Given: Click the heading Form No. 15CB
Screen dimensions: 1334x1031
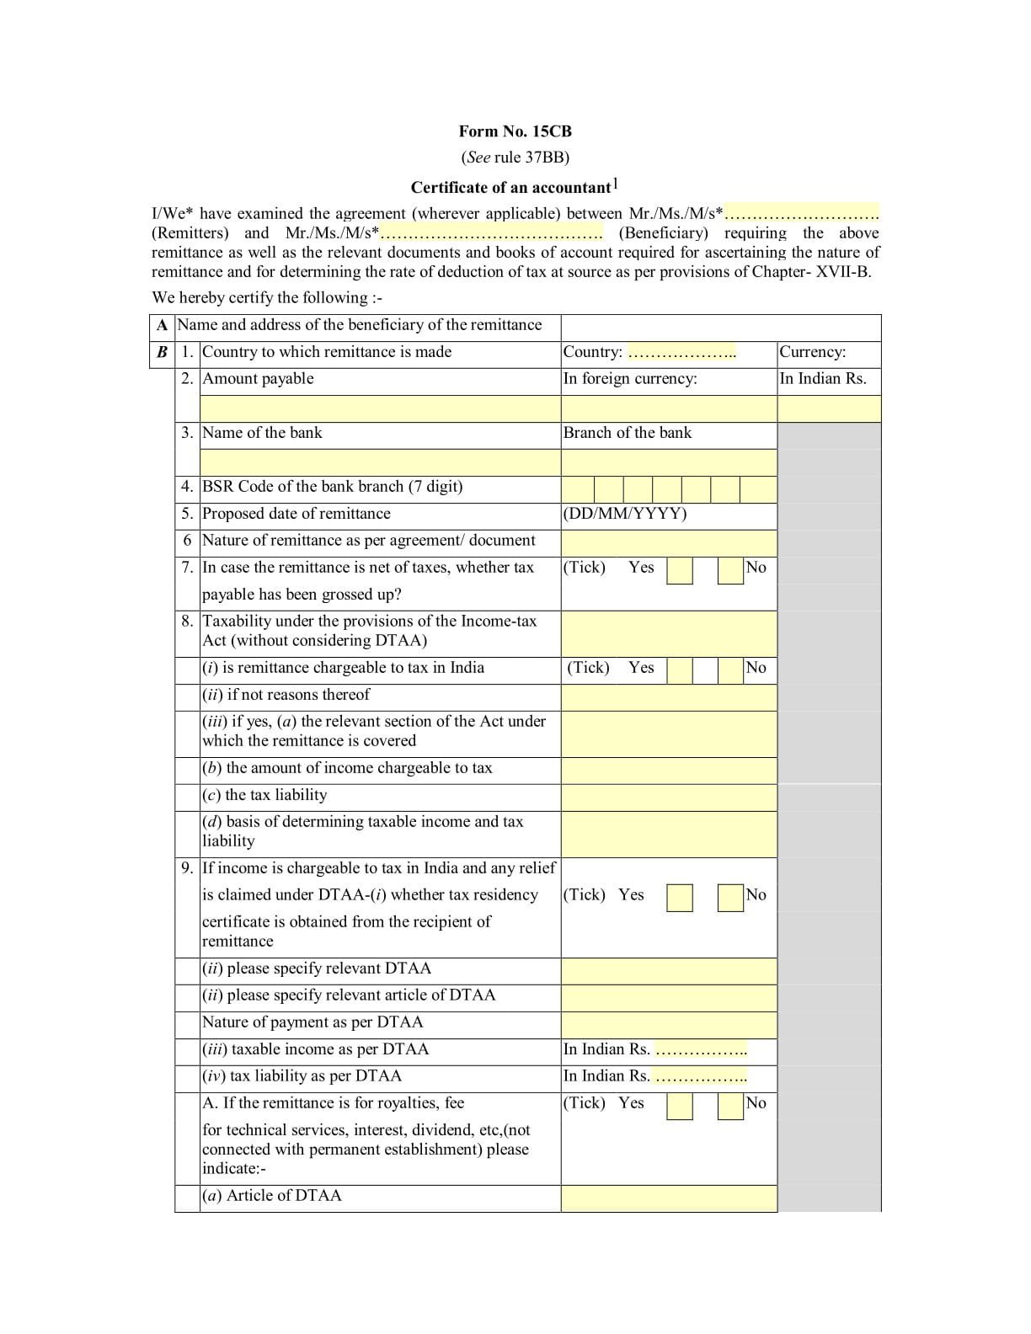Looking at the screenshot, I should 515,131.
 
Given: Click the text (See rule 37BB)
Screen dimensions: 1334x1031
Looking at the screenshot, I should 515,157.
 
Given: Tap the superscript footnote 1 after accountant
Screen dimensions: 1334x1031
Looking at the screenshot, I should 615,184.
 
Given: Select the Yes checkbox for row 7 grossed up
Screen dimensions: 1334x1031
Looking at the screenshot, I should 679,571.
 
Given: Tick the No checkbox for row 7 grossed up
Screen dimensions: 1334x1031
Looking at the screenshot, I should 729,571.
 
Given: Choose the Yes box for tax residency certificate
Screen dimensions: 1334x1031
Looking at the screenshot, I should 679,898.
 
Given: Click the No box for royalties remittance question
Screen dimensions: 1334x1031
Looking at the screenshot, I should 729,1106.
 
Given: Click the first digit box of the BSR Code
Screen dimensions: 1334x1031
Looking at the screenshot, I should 578,489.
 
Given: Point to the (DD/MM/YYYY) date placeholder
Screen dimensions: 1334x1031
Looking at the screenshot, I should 624,514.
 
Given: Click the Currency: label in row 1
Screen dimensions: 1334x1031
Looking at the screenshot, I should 812,352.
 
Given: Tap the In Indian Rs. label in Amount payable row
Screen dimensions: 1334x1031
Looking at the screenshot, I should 822,379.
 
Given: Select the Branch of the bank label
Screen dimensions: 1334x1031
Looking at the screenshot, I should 627,433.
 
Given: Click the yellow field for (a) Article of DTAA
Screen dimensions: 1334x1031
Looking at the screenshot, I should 669,1198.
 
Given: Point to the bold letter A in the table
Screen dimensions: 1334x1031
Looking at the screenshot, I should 162,325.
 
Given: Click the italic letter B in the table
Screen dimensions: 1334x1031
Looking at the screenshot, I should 162,352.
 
